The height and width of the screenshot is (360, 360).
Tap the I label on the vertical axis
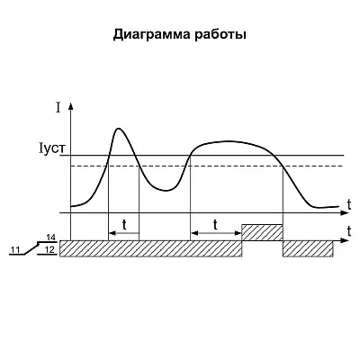click(x=58, y=108)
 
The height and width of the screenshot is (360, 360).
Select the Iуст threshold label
click(x=52, y=148)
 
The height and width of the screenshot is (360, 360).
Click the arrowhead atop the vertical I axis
click(x=71, y=106)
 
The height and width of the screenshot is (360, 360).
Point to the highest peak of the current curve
click(x=119, y=129)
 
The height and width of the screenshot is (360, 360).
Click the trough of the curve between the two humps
click(x=166, y=190)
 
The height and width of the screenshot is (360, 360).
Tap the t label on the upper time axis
click(x=349, y=204)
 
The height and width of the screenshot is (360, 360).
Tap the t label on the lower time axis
click(x=349, y=230)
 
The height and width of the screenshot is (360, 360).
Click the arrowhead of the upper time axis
click(x=345, y=212)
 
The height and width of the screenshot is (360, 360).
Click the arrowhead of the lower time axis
click(x=345, y=240)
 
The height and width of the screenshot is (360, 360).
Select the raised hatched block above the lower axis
click(x=263, y=232)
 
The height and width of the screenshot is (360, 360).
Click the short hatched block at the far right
click(x=308, y=248)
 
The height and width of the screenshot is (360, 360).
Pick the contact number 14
click(x=51, y=238)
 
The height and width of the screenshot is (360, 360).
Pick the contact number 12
click(x=51, y=249)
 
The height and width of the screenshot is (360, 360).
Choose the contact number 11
click(x=15, y=249)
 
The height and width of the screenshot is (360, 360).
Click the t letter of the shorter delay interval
click(x=124, y=225)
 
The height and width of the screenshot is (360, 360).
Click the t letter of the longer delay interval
click(x=215, y=224)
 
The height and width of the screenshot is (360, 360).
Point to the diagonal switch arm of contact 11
click(x=32, y=248)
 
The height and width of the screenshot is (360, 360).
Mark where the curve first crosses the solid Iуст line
click(x=109, y=156)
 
